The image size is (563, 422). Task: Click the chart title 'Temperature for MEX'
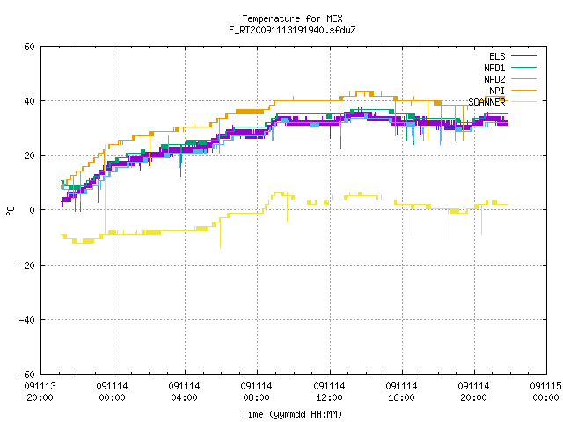tap(292, 18)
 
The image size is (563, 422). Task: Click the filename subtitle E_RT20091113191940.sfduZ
tap(292, 30)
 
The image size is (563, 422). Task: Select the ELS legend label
tap(497, 56)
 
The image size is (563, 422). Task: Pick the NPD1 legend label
tap(494, 68)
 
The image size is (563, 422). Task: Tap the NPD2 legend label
tap(494, 79)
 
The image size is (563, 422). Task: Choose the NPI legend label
tap(497, 91)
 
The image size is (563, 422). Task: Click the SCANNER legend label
tap(486, 102)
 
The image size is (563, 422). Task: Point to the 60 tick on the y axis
tap(29, 47)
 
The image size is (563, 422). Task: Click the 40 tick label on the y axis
tap(29, 101)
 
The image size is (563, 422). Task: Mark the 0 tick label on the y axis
tap(33, 210)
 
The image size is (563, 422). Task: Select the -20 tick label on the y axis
tap(27, 266)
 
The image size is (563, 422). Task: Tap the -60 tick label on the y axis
tap(27, 375)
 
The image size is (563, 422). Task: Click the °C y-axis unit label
tap(10, 211)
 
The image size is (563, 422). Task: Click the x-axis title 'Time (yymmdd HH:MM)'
tap(292, 414)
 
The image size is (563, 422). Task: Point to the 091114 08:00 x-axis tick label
tap(256, 392)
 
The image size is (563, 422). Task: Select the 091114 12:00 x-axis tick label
tap(329, 392)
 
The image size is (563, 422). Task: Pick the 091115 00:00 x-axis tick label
tap(545, 392)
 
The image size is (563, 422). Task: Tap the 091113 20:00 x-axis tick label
tap(40, 392)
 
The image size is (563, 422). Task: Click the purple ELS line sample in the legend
tap(523, 56)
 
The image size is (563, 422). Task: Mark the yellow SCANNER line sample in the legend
tap(523, 102)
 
